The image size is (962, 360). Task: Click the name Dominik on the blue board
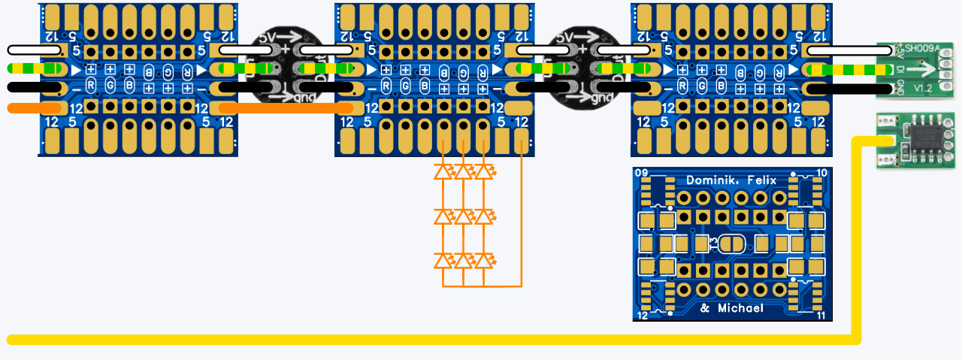pos(708,180)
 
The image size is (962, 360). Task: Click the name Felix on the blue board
pos(761,180)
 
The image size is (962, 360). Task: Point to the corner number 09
pos(641,174)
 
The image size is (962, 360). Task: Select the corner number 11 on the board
pos(821,316)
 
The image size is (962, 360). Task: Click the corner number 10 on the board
pos(821,174)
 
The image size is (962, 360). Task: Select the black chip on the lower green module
pos(924,141)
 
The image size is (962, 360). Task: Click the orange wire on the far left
pos(33,108)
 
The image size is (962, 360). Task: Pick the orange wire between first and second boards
pos(286,108)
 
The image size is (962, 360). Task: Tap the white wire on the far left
pos(34,50)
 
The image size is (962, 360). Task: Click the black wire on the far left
pos(33,88)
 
